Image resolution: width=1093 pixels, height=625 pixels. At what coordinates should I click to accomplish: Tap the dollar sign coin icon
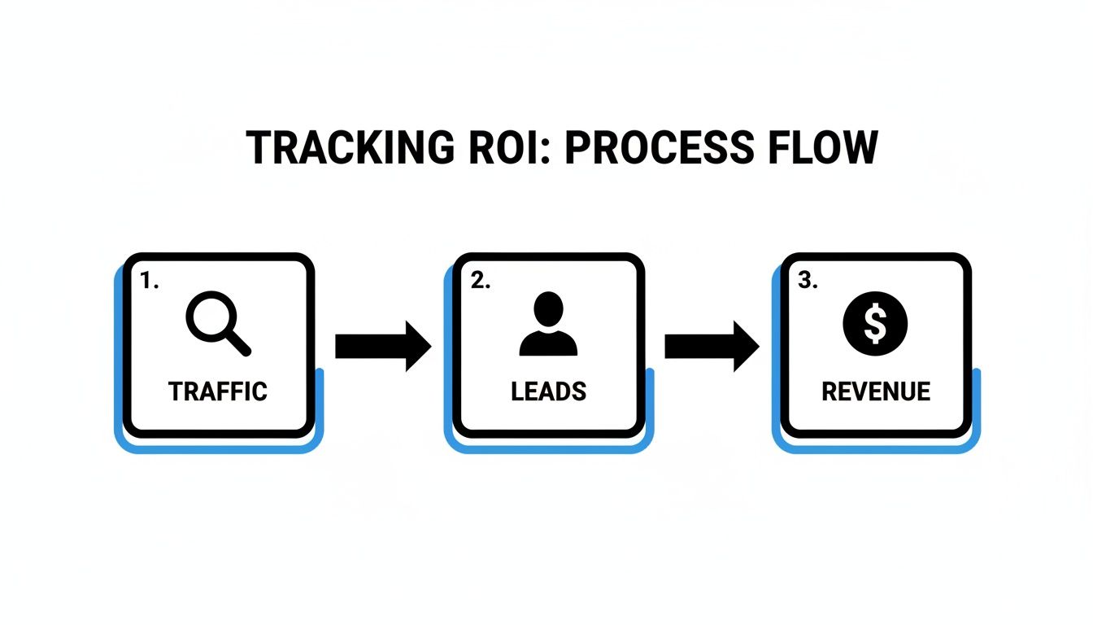pyautogui.click(x=875, y=323)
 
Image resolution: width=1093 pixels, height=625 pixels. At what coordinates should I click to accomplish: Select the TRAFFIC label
pyautogui.click(x=218, y=391)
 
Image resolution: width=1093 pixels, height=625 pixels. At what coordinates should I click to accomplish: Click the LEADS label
pyautogui.click(x=548, y=391)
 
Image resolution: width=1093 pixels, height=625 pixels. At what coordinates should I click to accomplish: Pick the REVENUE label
pyautogui.click(x=876, y=391)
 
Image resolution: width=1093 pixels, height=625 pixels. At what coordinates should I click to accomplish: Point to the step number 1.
pyautogui.click(x=147, y=281)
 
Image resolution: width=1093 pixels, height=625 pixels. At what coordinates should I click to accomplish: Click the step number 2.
pyautogui.click(x=480, y=281)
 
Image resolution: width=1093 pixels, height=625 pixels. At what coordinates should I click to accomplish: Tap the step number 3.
pyautogui.click(x=807, y=281)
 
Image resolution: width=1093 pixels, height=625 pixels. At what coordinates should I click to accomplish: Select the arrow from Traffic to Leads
pyautogui.click(x=382, y=346)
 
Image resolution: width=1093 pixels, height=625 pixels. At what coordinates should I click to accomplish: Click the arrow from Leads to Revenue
pyautogui.click(x=712, y=346)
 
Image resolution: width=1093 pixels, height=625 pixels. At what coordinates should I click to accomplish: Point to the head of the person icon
pyautogui.click(x=548, y=310)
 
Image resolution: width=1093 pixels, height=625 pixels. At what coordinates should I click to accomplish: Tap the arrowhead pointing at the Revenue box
pyautogui.click(x=745, y=346)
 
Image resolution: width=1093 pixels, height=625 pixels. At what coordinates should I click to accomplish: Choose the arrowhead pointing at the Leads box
pyautogui.click(x=417, y=346)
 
